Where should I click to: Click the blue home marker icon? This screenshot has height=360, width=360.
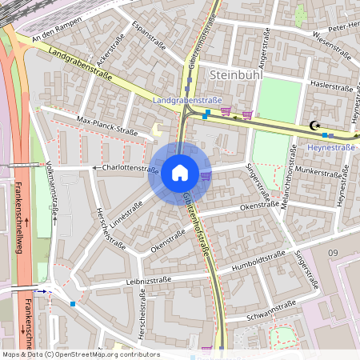(x=180, y=173)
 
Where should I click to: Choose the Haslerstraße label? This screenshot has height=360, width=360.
(x=330, y=84)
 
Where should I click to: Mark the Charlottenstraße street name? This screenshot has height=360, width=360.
(x=130, y=169)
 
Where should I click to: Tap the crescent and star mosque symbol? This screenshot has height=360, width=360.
(x=314, y=125)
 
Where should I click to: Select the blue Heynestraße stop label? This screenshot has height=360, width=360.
(x=331, y=147)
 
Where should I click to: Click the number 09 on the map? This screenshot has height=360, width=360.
(x=333, y=254)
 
